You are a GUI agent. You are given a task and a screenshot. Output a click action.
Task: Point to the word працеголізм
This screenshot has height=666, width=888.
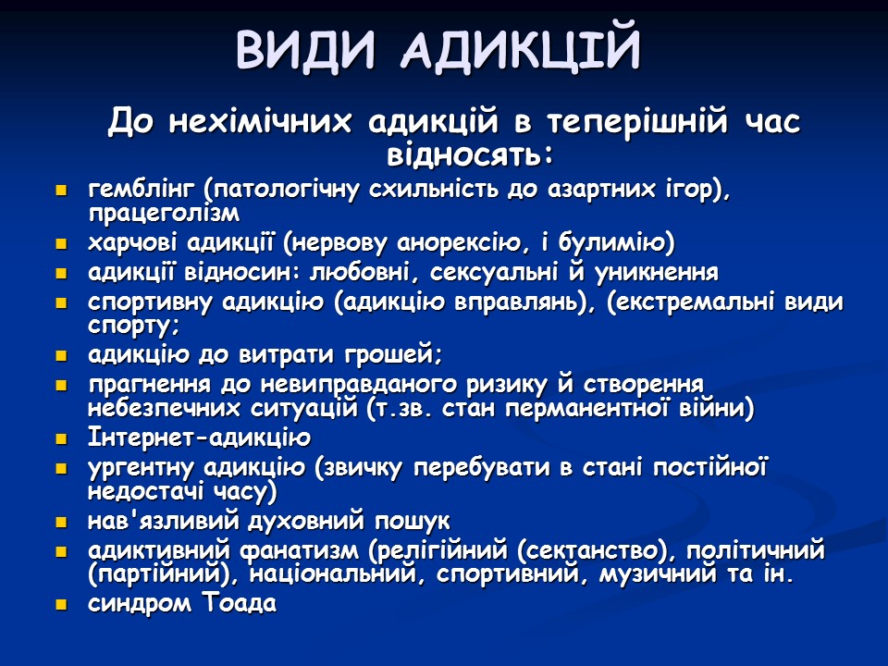click(x=164, y=214)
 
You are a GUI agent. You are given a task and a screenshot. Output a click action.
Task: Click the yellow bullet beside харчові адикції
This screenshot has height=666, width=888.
click(x=62, y=245)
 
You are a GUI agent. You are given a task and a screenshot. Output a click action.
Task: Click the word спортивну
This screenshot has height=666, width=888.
click(x=152, y=303)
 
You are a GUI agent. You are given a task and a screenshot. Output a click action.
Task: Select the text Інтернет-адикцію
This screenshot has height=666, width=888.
click(x=199, y=438)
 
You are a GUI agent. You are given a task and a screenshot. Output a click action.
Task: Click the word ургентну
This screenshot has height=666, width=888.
click(x=143, y=467)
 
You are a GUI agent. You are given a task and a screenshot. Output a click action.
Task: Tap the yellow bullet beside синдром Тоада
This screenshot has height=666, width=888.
click(x=62, y=605)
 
